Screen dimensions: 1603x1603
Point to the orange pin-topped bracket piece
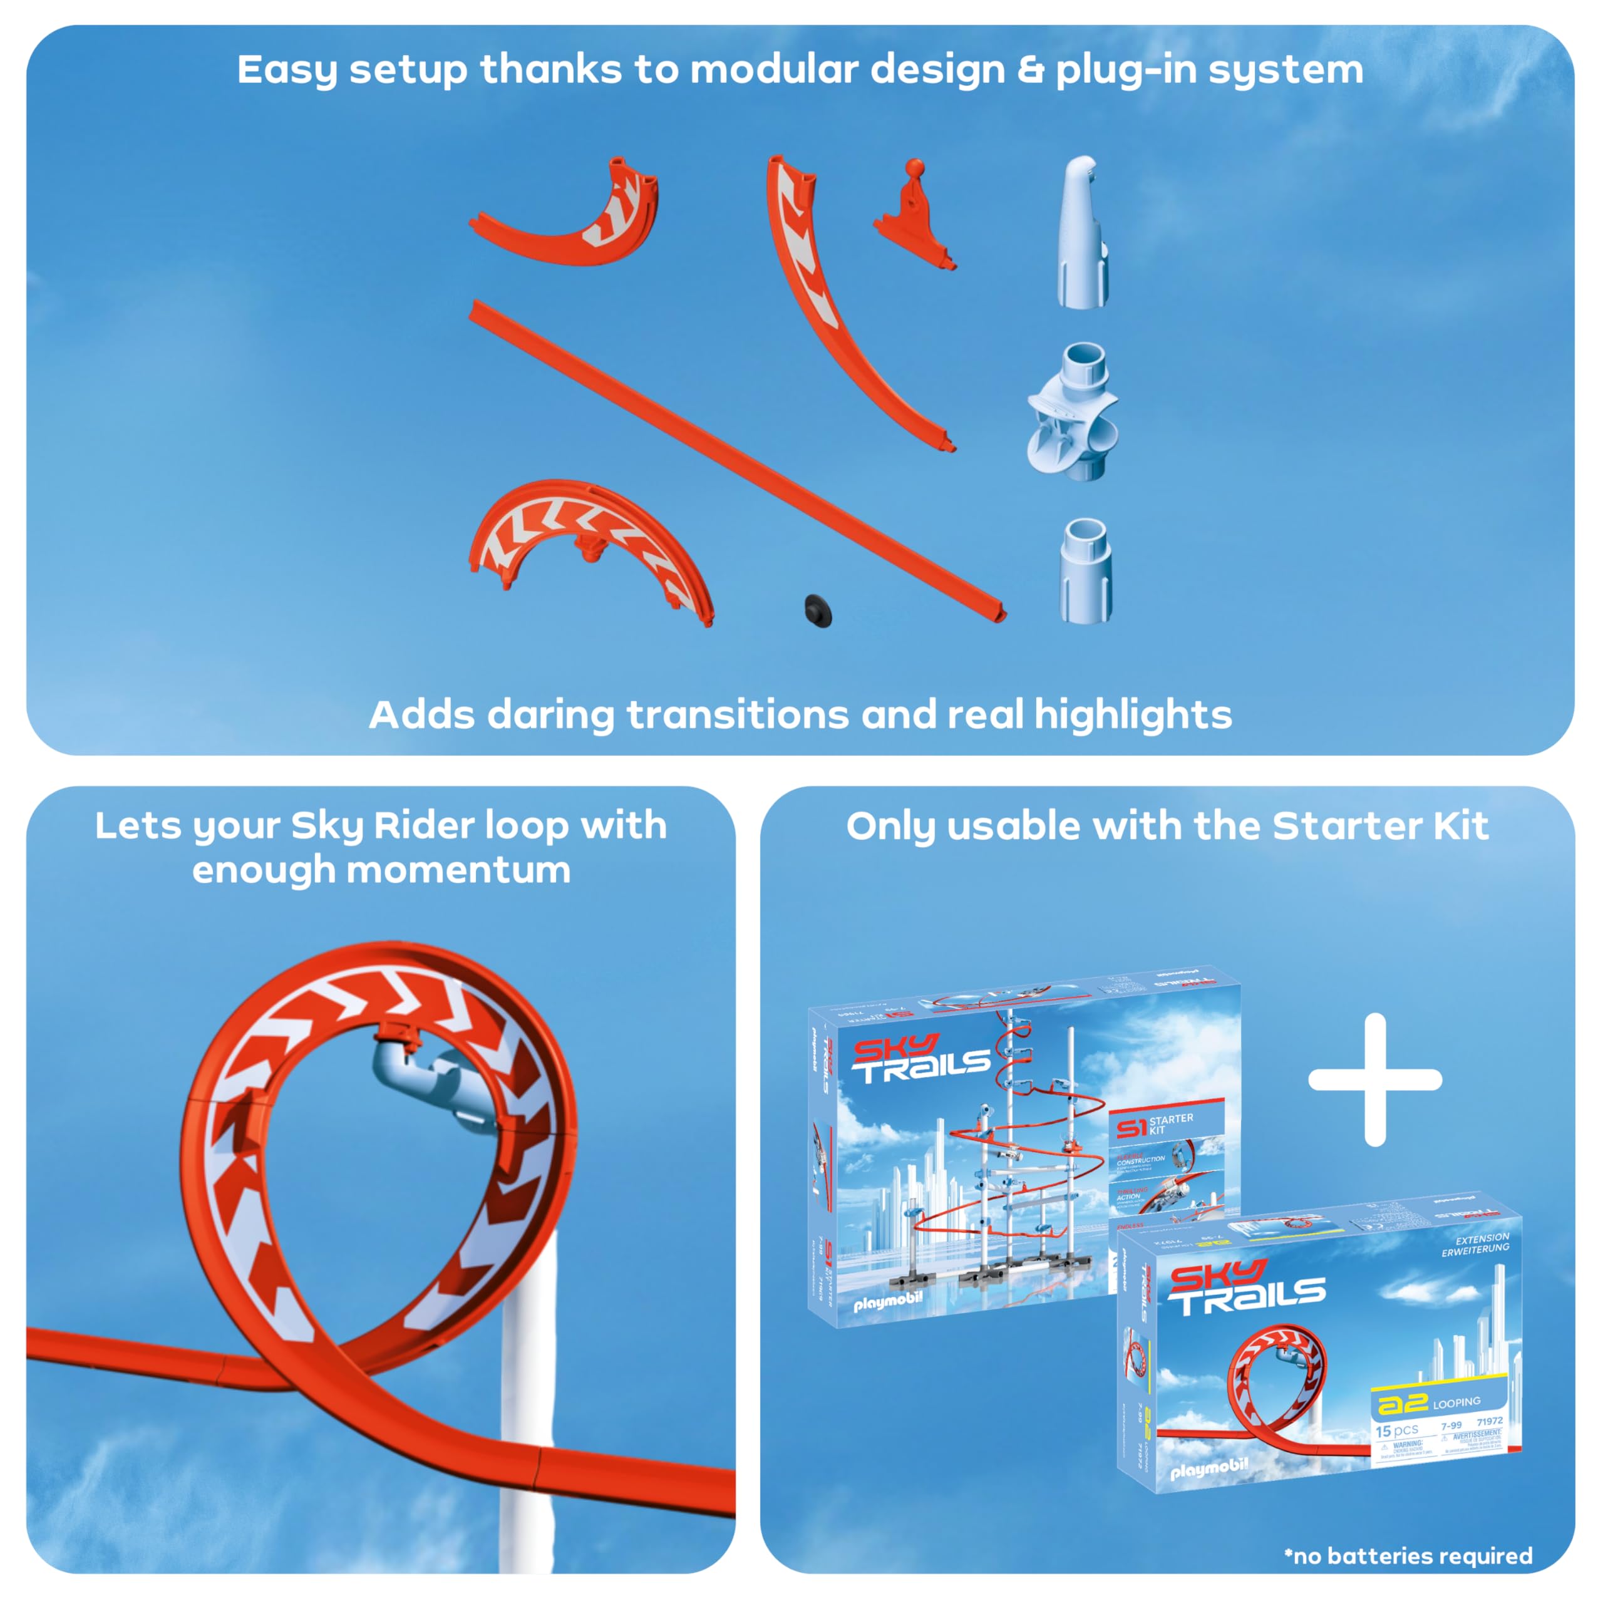click(x=914, y=217)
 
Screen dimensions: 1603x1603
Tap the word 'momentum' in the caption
click(x=458, y=870)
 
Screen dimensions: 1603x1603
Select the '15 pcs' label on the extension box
click(x=1396, y=1430)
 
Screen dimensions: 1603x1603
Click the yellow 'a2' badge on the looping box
click(x=1401, y=1404)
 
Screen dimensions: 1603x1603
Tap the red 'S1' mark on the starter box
click(x=1131, y=1128)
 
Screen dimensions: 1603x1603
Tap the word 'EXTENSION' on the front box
click(x=1482, y=1239)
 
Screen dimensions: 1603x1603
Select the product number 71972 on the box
click(x=1489, y=1421)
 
